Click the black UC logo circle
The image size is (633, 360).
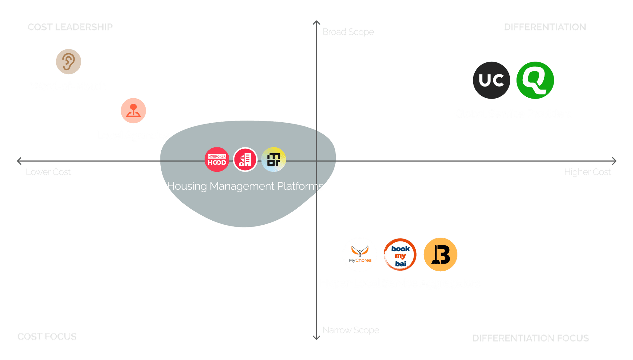point(491,80)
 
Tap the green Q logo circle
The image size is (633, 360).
point(535,80)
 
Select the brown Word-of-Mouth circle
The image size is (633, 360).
point(69,62)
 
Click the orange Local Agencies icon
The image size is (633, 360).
point(133,111)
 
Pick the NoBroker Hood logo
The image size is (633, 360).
point(217,159)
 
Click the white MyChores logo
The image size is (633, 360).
point(360,255)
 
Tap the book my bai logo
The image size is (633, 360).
point(400,255)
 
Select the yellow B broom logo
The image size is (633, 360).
point(440,255)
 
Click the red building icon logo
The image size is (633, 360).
point(245,159)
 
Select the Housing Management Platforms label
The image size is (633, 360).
point(245,186)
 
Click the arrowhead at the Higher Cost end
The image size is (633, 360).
point(614,161)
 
